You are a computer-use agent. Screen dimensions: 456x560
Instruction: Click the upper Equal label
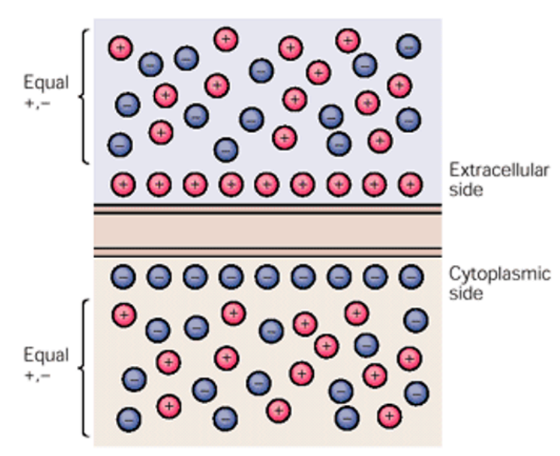click(46, 83)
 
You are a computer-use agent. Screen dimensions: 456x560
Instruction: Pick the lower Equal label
click(46, 355)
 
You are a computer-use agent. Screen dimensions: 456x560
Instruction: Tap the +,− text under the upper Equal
click(38, 102)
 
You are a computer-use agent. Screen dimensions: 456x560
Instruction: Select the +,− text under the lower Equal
click(38, 375)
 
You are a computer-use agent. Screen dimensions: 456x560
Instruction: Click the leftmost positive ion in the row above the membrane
click(123, 184)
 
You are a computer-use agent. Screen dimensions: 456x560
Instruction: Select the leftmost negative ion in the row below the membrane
click(123, 276)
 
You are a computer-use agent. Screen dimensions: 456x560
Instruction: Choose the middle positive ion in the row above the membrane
click(267, 184)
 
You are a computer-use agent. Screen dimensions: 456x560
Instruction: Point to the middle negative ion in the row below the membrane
click(267, 276)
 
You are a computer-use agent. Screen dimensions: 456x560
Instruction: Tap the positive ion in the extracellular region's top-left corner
click(120, 48)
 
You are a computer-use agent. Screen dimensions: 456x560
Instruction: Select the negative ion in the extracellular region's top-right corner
click(409, 46)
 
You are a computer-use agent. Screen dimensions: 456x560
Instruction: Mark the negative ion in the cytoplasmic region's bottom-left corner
click(129, 417)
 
